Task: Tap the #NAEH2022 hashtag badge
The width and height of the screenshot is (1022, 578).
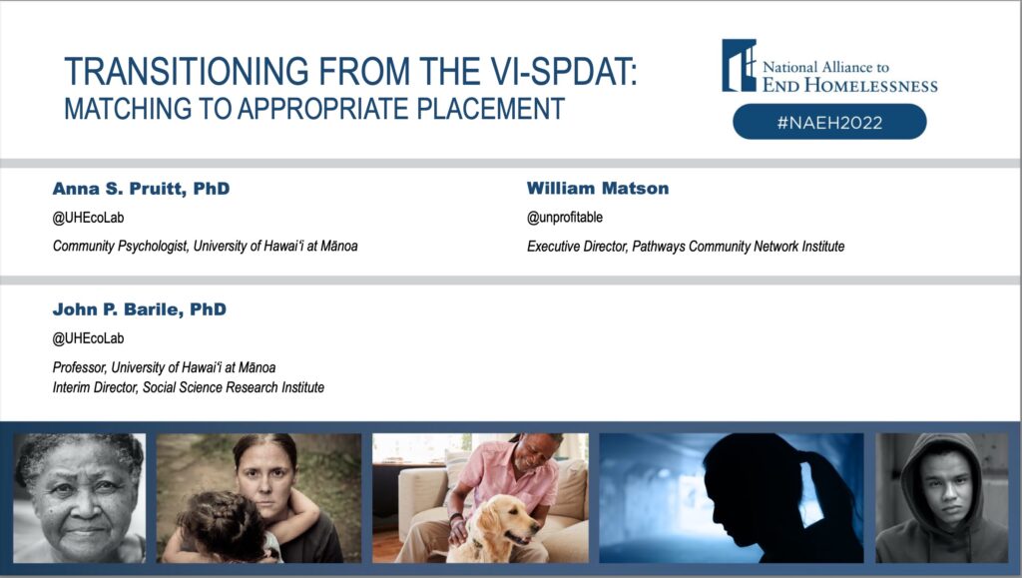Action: click(829, 122)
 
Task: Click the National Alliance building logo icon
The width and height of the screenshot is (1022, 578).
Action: click(740, 65)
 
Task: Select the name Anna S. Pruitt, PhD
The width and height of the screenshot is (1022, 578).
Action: click(141, 189)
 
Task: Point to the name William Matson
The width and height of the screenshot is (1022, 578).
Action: click(598, 189)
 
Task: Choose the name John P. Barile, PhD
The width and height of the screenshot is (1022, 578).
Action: click(140, 308)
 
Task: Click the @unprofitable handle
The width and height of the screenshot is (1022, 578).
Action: click(565, 217)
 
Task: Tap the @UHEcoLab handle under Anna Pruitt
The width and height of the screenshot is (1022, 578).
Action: click(88, 218)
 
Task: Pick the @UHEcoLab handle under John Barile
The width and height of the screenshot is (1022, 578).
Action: click(88, 338)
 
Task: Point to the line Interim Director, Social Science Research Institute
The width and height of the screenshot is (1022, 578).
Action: click(189, 387)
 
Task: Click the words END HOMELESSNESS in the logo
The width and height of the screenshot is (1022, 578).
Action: click(850, 85)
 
